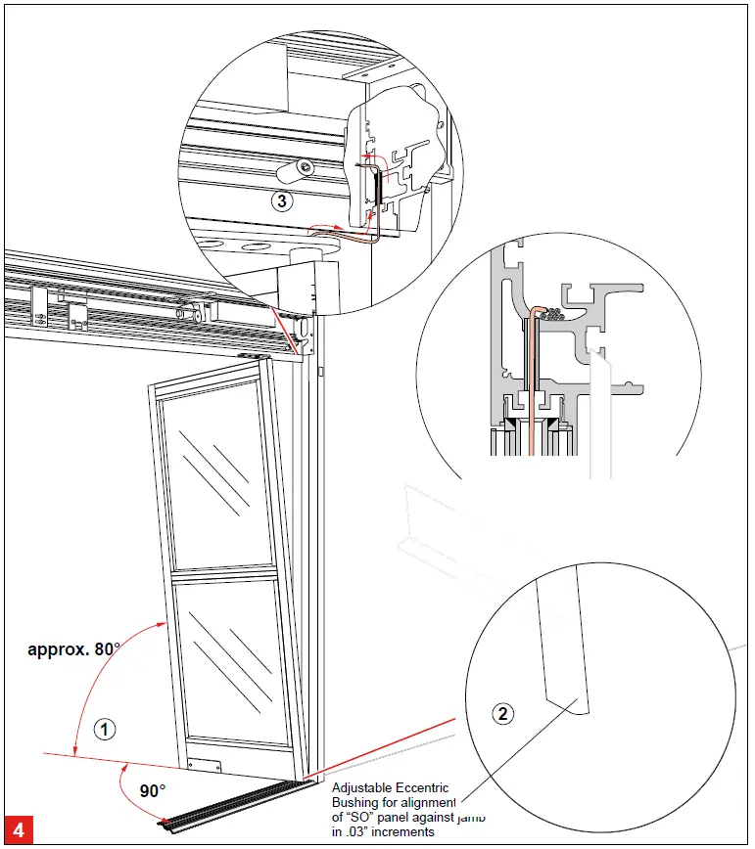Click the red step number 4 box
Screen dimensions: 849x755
21,828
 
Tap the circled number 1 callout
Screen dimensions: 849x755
105,728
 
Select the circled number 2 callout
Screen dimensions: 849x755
503,713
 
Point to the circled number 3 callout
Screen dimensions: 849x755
280,202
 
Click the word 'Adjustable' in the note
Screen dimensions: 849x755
364,787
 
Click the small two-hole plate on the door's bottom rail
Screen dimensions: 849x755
203,764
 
